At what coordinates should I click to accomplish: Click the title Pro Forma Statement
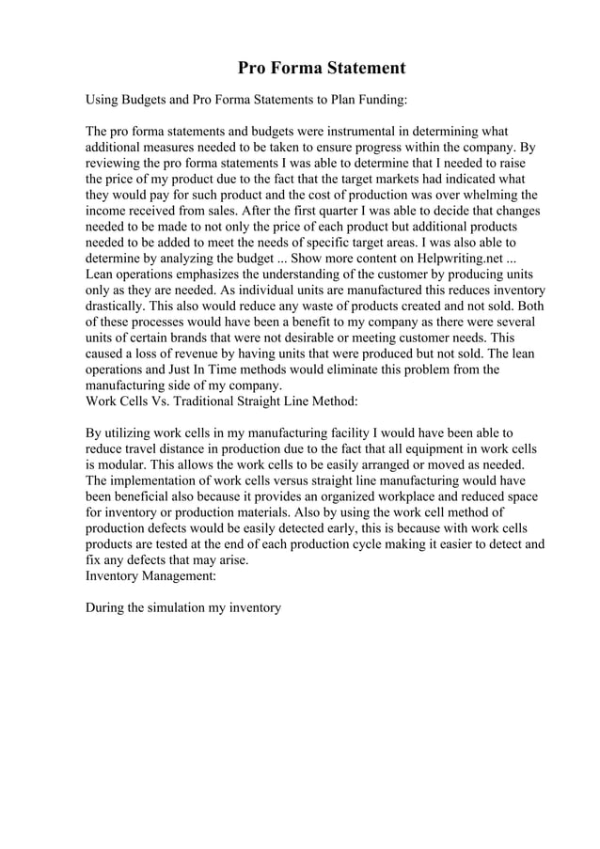(x=321, y=68)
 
